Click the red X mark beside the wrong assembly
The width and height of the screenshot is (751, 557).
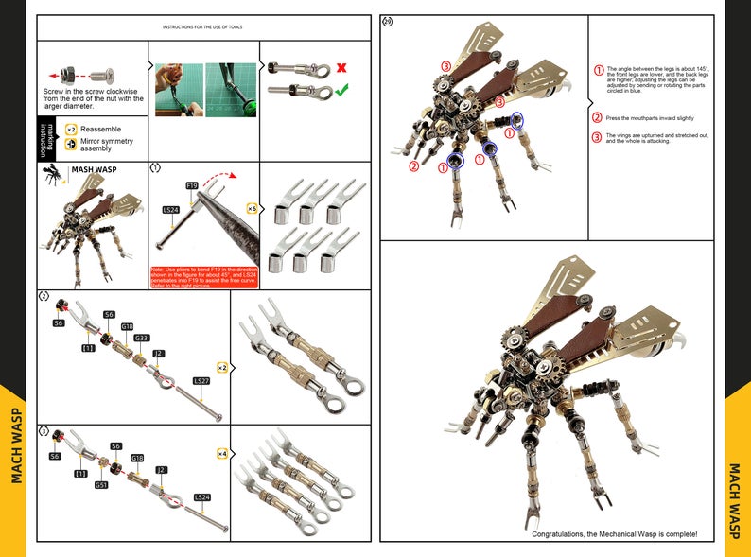[x=342, y=69]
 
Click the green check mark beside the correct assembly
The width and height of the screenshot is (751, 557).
[x=342, y=90]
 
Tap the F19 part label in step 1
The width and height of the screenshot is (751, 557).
[x=192, y=184]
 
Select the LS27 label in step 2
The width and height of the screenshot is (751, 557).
[x=201, y=381]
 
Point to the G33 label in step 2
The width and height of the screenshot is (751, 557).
[x=141, y=338]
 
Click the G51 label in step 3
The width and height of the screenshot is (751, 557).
[x=101, y=485]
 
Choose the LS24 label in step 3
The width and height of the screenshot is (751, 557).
[x=201, y=496]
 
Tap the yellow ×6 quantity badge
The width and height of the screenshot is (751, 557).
[x=252, y=207]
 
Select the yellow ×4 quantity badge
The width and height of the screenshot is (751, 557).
[x=222, y=453]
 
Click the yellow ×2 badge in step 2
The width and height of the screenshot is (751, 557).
[x=222, y=366]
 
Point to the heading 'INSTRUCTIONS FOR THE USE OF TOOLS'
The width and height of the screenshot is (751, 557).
[x=202, y=27]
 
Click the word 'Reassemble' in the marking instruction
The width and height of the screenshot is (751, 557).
[x=100, y=129]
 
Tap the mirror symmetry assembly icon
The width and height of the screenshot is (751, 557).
[x=71, y=145]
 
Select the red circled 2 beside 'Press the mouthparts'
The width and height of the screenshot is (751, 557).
[x=597, y=118]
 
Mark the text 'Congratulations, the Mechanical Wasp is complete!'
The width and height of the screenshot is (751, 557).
[x=614, y=534]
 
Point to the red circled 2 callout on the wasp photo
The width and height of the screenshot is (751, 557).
[x=413, y=166]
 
